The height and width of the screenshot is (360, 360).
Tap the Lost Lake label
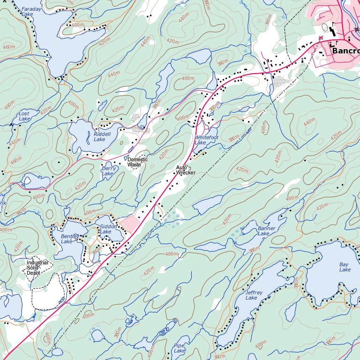pyautogui.click(x=24, y=116)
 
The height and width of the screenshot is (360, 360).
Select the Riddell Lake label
pyautogui.click(x=102, y=136)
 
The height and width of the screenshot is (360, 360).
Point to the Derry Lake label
pyautogui.click(x=107, y=171)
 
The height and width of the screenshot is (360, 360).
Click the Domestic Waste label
pyautogui.click(x=137, y=162)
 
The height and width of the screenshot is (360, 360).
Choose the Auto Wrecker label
pyautogui.click(x=185, y=170)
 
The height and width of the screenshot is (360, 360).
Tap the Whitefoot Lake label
pyautogui.click(x=206, y=140)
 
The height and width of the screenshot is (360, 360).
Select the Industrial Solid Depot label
pyautogui.click(x=37, y=268)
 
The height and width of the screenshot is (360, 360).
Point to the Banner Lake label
pyautogui.click(x=266, y=231)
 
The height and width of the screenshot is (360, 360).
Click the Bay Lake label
pyautogui.click(x=345, y=267)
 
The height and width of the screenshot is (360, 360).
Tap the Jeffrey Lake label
pyautogui.click(x=251, y=295)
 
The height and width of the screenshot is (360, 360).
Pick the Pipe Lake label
pyautogui.click(x=180, y=347)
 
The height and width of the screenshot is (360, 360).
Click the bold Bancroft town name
pyautogui.click(x=345, y=51)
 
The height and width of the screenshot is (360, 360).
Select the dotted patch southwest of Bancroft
pyautogui.click(x=281, y=82)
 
